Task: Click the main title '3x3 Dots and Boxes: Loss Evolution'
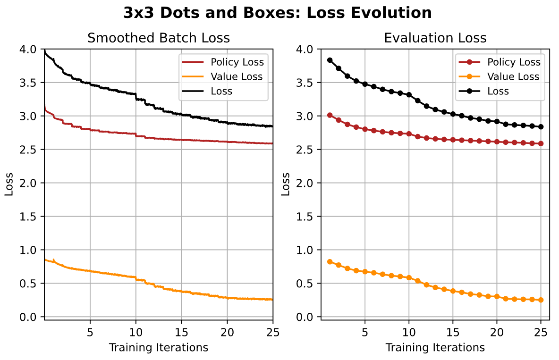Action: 277,13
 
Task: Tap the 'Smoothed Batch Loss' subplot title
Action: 159,38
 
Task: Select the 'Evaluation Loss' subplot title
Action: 435,38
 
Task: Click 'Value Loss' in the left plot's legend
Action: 237,76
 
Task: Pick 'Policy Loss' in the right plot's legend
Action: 513,62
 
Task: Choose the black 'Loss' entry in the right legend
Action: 498,91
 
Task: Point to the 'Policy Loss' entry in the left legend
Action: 237,62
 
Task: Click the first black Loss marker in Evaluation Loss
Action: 330,60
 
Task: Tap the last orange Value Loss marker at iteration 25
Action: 541,300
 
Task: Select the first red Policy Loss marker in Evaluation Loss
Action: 330,115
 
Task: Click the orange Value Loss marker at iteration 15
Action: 453,291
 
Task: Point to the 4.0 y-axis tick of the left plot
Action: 31,50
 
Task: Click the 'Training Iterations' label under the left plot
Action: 159,348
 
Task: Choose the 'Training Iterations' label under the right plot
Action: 435,348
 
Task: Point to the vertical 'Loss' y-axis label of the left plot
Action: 9,183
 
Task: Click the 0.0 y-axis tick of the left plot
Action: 31,317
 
